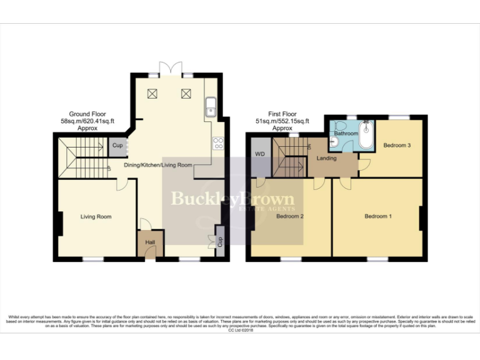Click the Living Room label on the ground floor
[x=96, y=217]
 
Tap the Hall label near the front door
[x=150, y=242]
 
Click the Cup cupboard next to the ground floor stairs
[x=117, y=146]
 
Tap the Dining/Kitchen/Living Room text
[x=157, y=165]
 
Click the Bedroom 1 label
[x=378, y=217]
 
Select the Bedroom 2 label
[x=289, y=217]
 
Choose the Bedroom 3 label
[x=397, y=146]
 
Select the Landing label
[x=326, y=158]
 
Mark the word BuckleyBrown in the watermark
[x=232, y=199]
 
